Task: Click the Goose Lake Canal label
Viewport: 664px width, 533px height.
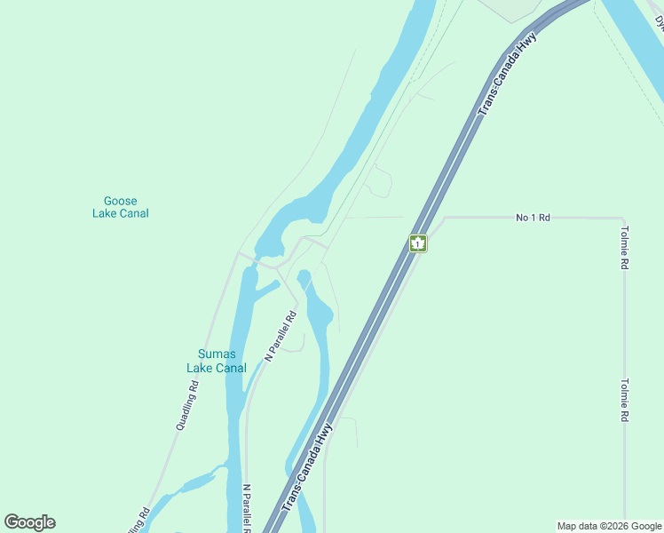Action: coord(120,207)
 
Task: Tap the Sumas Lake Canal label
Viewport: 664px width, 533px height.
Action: coord(216,362)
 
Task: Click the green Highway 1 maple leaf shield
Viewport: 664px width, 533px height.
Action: coord(418,243)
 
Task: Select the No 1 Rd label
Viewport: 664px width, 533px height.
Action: coord(533,217)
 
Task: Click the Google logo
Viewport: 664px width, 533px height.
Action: coord(29,522)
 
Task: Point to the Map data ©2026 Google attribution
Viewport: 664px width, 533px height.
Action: coord(610,526)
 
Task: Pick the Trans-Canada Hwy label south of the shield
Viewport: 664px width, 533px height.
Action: coord(307,467)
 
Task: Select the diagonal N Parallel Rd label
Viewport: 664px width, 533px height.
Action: coord(280,336)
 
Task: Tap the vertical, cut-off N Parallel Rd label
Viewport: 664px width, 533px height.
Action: coord(246,508)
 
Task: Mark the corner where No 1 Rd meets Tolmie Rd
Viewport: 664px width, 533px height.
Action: coord(623,218)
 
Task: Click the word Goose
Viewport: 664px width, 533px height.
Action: coord(120,201)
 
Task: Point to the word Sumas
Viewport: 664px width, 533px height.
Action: coord(216,354)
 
